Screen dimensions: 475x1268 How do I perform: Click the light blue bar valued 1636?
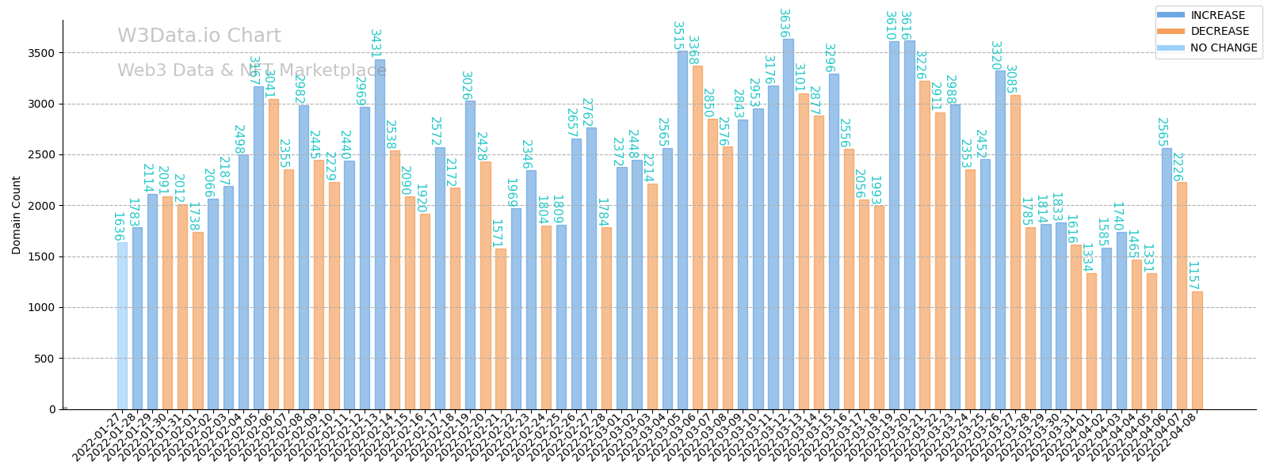point(122,325)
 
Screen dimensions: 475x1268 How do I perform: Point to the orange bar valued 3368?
point(697,237)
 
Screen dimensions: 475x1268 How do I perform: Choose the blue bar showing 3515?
point(682,230)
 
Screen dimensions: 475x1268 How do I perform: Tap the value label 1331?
point(1147,258)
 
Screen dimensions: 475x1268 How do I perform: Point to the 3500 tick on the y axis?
point(43,53)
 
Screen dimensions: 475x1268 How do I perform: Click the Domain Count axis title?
point(17,215)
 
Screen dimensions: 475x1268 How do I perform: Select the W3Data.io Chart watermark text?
point(199,36)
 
